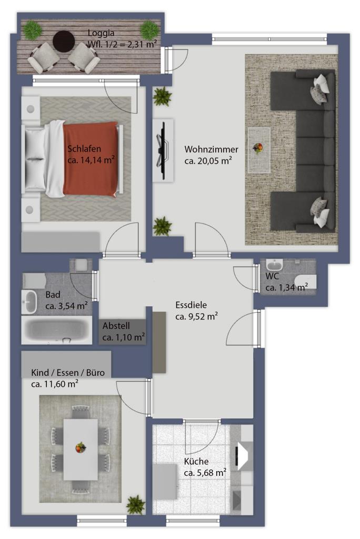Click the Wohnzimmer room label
pos(211,149)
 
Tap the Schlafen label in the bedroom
pos(84,149)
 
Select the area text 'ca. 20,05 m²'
pos(208,161)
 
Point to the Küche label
pos(196,461)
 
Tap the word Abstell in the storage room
pos(116,325)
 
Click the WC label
pos(272,276)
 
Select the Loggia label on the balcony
pos(101,33)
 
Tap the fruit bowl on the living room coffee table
pos(258,148)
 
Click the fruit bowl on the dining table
pos(81,447)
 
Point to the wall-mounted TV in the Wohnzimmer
pos(162,150)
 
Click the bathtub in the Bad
pos(57,331)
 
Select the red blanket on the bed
pos(90,159)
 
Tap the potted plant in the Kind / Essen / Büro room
pos(136,505)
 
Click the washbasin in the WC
pos(274,265)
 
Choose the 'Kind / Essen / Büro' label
pos(68,373)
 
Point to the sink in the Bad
pos(29,302)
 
